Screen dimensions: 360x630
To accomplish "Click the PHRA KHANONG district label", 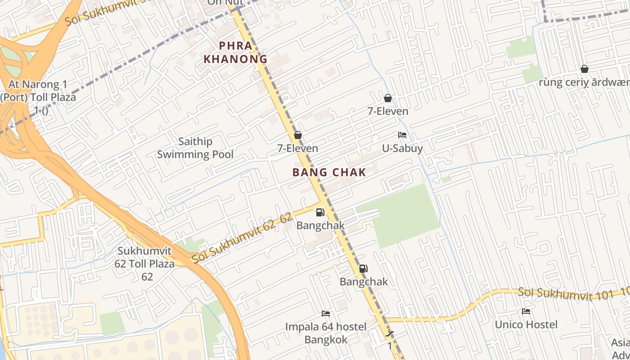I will click(235, 52).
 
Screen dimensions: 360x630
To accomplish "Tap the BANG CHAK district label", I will click(329, 172).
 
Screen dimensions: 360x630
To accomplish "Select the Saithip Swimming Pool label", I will click(195, 148).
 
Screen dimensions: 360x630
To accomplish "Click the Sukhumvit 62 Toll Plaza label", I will click(146, 264).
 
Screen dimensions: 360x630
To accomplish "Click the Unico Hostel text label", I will click(526, 324).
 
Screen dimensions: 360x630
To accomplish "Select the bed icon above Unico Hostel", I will click(526, 311).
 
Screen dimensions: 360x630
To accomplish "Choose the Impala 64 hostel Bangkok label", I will click(326, 333).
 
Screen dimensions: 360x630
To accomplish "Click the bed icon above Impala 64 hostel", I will click(326, 313).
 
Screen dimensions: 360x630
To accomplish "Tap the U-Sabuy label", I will click(402, 148).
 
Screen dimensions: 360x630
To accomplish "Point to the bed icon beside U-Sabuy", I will click(402, 135).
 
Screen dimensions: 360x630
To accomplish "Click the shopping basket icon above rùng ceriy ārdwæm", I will click(584, 69).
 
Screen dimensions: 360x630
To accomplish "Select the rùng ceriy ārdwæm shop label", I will click(584, 82).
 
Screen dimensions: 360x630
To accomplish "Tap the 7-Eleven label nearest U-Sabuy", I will click(388, 111).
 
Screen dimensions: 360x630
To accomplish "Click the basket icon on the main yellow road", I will click(297, 135).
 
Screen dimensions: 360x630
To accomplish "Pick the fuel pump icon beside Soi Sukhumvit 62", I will click(320, 212).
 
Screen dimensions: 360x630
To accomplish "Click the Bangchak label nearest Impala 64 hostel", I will click(364, 282).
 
